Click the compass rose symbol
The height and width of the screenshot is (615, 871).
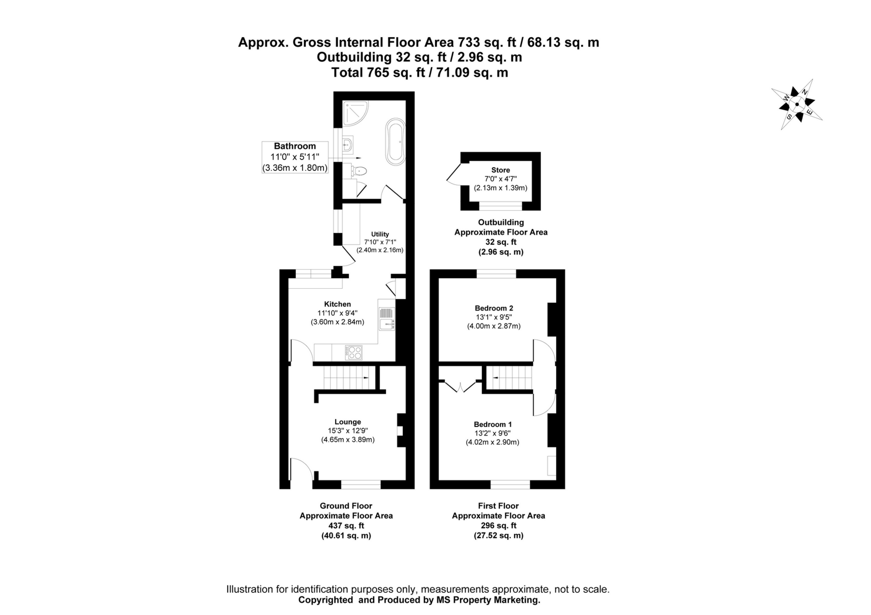tap(797, 105)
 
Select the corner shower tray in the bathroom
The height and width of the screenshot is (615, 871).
tap(355, 112)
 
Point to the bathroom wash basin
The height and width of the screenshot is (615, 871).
tap(347, 145)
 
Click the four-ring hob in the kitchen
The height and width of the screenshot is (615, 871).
tap(354, 352)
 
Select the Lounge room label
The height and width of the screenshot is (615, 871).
tap(347, 422)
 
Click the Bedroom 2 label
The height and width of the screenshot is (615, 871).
tap(494, 308)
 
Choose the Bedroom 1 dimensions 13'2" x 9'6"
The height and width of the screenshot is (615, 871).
tap(493, 433)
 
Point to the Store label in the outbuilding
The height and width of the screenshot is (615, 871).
tap(500, 170)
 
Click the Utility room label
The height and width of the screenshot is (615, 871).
tap(380, 234)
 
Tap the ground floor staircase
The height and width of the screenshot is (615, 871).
tap(346, 378)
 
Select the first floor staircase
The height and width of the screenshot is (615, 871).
tap(509, 378)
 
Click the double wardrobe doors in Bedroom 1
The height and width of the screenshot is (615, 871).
tap(460, 387)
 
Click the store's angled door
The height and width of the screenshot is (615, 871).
tap(454, 174)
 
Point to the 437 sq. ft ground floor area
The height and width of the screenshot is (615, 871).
tap(346, 526)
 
